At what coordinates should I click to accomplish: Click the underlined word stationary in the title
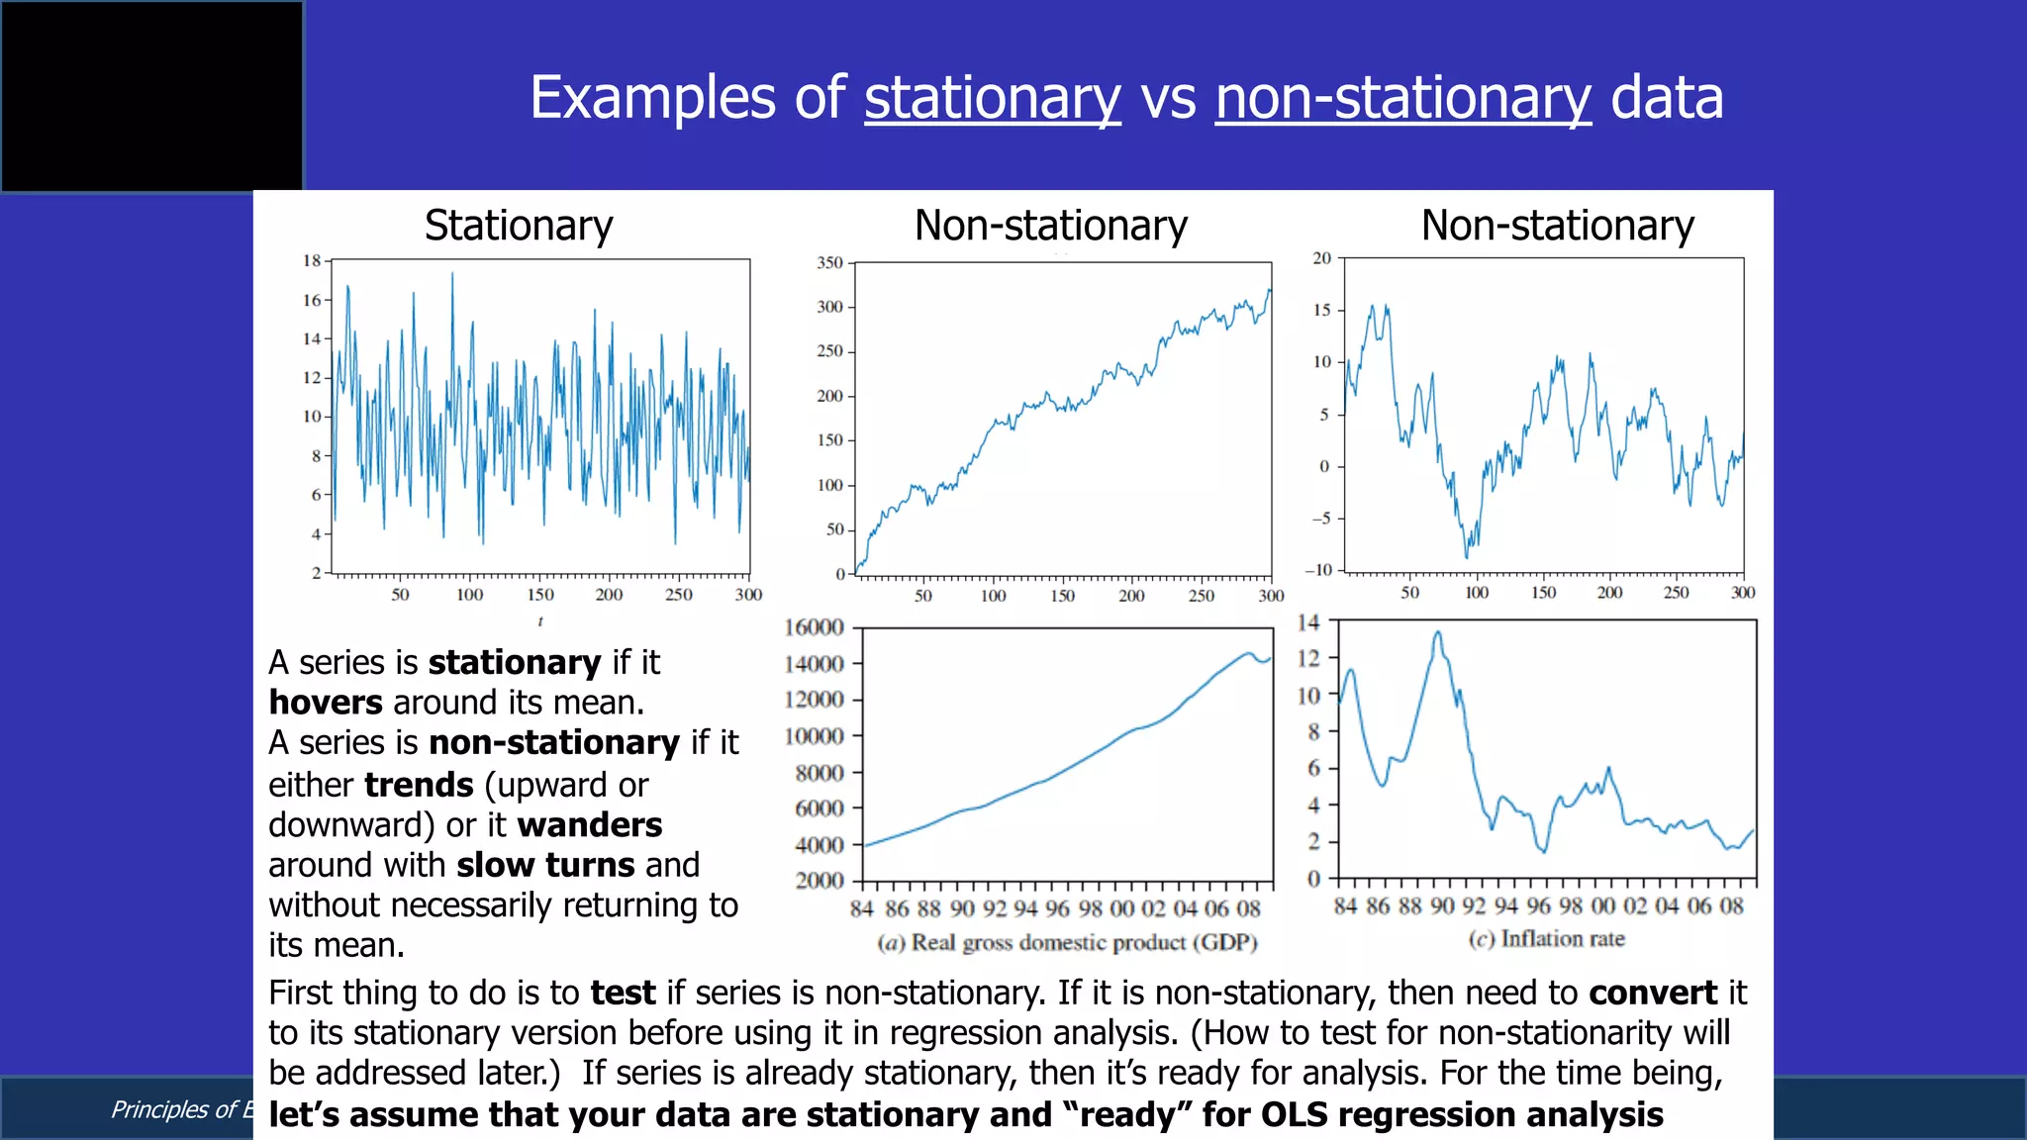(x=992, y=98)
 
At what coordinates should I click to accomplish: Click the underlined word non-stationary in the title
(x=1402, y=98)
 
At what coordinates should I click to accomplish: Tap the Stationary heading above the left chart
(x=519, y=226)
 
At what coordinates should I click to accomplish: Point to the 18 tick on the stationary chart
(x=312, y=260)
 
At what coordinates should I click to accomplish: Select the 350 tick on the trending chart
(x=829, y=262)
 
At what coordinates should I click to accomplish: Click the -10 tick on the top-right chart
(x=1319, y=570)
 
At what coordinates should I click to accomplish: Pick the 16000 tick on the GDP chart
(x=814, y=627)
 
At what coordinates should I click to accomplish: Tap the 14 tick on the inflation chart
(x=1307, y=622)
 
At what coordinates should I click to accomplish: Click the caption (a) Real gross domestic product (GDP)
(x=1067, y=942)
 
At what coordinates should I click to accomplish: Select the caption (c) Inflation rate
(x=1546, y=938)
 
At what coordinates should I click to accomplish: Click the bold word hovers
(x=325, y=703)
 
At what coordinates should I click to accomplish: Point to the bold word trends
(x=420, y=785)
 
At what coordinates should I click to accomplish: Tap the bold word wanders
(x=590, y=825)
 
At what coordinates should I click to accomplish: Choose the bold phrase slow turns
(x=545, y=865)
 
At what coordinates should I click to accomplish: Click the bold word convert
(x=1653, y=993)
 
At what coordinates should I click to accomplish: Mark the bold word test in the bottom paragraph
(x=624, y=993)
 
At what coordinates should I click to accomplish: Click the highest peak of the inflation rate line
(x=1437, y=632)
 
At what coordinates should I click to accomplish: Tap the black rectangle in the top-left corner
(x=152, y=96)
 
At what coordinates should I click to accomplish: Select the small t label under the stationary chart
(x=540, y=621)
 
